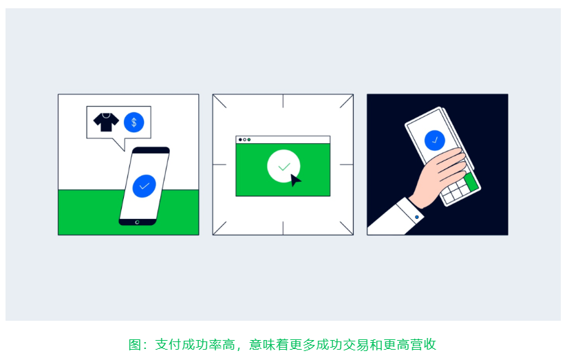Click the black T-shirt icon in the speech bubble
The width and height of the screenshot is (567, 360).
(x=107, y=123)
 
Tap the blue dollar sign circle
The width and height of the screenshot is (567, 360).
(x=133, y=123)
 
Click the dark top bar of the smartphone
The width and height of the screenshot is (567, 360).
(x=151, y=150)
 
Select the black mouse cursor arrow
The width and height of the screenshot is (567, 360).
(x=295, y=180)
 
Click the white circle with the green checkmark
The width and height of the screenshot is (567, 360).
(x=283, y=167)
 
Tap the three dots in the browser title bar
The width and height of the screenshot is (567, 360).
(x=244, y=140)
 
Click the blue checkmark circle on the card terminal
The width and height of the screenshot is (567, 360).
(x=435, y=140)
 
